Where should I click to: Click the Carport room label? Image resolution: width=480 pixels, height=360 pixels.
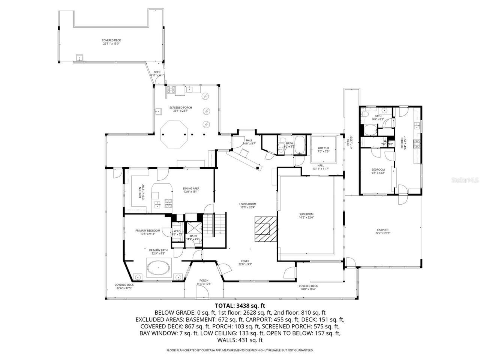pos(383,231)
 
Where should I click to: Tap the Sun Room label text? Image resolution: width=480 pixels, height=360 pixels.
pos(306,216)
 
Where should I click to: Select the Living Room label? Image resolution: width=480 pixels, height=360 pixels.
pos(248,205)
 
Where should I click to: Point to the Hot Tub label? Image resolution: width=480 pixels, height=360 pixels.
pos(323,150)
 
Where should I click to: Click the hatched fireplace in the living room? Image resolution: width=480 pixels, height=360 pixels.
pos(265,229)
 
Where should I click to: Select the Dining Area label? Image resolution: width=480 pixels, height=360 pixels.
pos(191,190)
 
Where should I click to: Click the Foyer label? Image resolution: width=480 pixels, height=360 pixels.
pos(245,262)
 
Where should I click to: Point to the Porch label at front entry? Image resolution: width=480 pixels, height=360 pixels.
pos(204,282)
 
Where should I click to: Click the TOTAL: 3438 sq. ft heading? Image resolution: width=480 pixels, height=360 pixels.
pos(240,306)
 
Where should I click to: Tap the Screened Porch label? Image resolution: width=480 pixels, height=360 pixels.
pos(180,109)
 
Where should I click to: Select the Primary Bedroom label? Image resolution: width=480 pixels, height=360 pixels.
pos(148,232)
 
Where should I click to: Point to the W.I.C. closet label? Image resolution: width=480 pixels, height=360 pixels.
pos(177,232)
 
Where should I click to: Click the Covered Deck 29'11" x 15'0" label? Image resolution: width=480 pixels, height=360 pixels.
pos(111,42)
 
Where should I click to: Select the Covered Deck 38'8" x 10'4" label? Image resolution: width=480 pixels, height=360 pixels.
pos(309,287)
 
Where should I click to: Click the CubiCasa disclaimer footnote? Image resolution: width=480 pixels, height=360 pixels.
pos(240,350)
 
